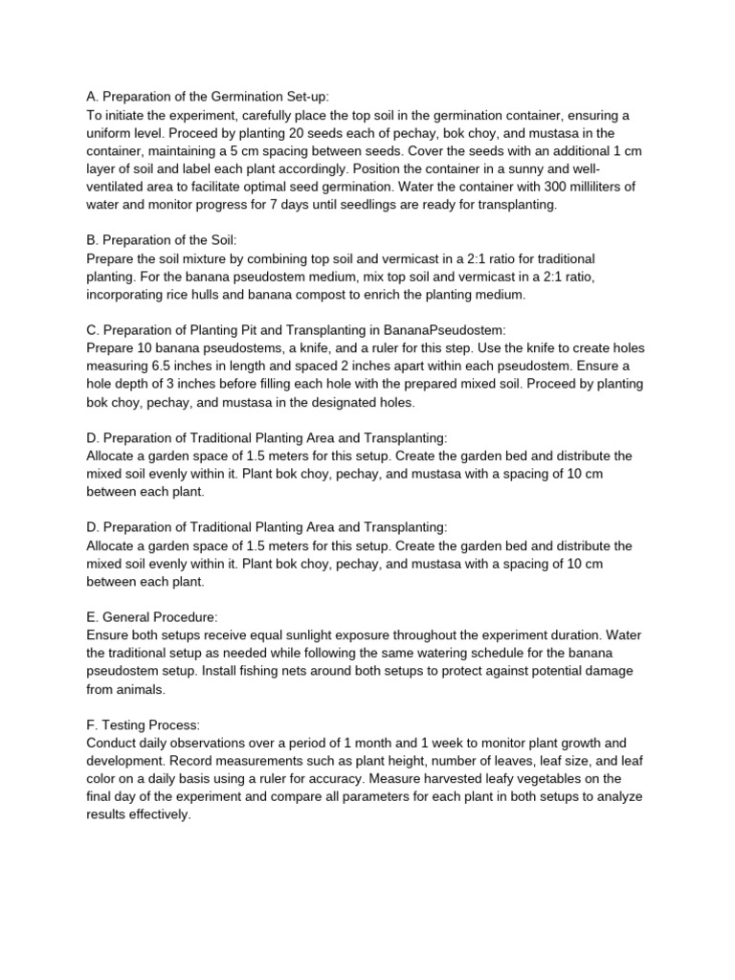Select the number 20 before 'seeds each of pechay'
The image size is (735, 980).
301,133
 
